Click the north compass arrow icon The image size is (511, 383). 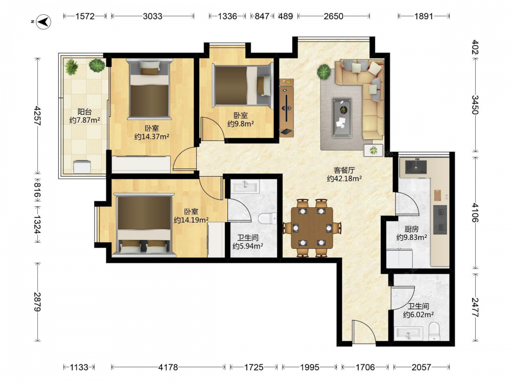pyautogui.click(x=43, y=22)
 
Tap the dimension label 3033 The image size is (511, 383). pyautogui.click(x=152, y=16)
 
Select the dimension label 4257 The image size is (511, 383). pyautogui.click(x=37, y=115)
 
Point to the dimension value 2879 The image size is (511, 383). pyautogui.click(x=37, y=302)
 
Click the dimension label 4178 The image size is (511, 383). pyautogui.click(x=168, y=367)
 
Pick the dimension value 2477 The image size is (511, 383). pyautogui.click(x=475, y=307)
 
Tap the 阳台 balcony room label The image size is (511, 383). pyautogui.click(x=84, y=112)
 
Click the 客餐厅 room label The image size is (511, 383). pyautogui.click(x=344, y=170)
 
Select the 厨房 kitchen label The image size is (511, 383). pyautogui.click(x=411, y=229)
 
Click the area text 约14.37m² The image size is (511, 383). pyautogui.click(x=152, y=136)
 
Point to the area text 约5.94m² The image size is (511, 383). pyautogui.click(x=248, y=246)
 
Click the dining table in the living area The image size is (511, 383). pyautogui.click(x=312, y=228)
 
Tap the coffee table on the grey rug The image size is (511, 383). pyautogui.click(x=342, y=117)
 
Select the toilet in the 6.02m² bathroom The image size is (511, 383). pyautogui.click(x=434, y=331)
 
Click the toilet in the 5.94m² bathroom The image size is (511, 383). pyautogui.click(x=267, y=218)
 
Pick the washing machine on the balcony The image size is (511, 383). pyautogui.click(x=82, y=166)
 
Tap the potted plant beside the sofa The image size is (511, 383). pyautogui.click(x=324, y=71)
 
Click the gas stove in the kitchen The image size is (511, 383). pyautogui.click(x=440, y=219)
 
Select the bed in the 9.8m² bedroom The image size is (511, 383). pyautogui.click(x=242, y=86)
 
